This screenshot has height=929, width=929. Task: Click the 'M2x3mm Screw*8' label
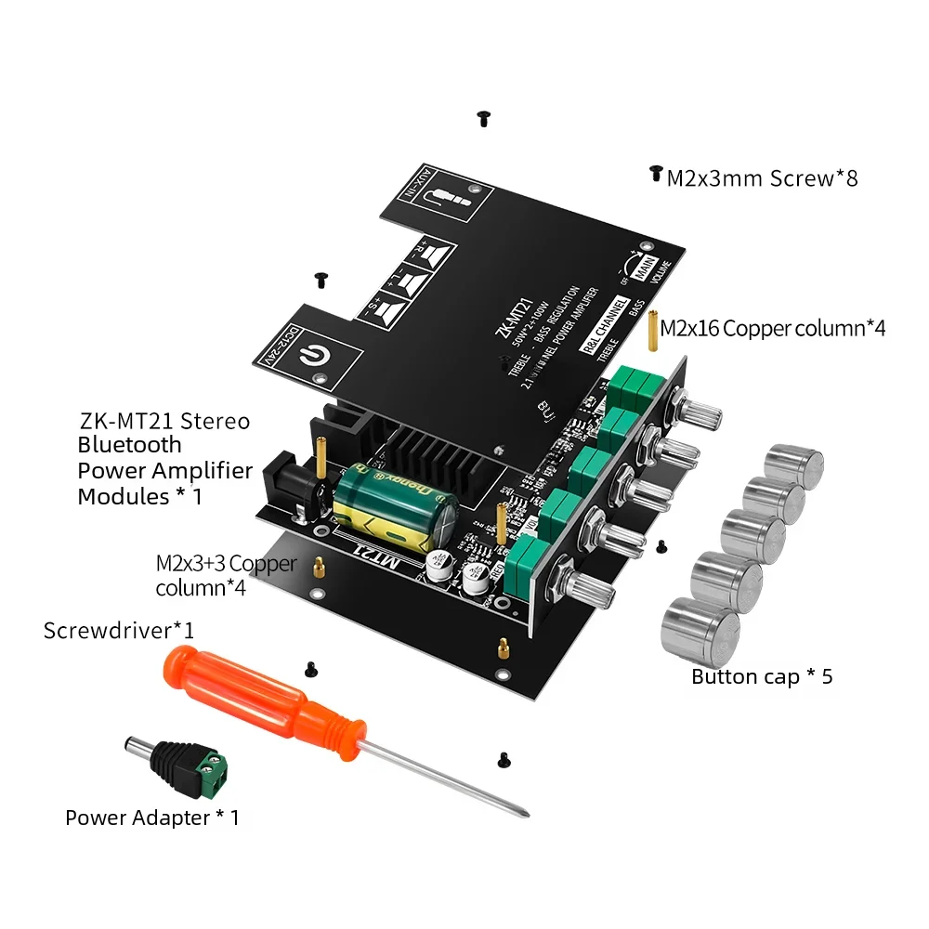[x=762, y=177]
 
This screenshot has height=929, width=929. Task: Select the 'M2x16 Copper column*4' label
[x=772, y=328]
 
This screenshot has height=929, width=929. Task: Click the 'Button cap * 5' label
[x=762, y=676]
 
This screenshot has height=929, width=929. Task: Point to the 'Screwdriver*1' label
[x=119, y=630]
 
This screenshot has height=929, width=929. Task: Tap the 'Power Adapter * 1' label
[x=152, y=818]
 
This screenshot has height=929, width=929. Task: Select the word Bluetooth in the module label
[x=129, y=445]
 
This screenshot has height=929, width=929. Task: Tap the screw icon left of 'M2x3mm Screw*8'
[x=656, y=174]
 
